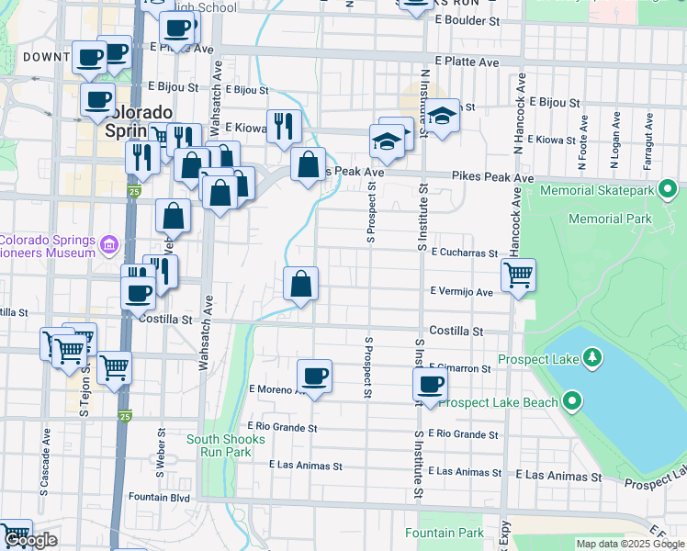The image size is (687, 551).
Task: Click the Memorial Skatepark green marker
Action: tap(668, 190)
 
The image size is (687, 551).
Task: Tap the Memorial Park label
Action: tap(610, 219)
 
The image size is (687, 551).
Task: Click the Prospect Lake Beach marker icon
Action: tap(573, 401)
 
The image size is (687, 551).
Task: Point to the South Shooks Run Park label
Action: tap(226, 445)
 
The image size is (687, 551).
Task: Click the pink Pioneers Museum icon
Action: tap(109, 245)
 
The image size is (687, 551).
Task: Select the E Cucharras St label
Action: tap(463, 252)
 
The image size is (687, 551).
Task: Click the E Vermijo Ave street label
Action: tap(462, 291)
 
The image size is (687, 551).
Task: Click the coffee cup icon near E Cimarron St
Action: tap(429, 385)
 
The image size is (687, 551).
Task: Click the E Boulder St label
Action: tap(467, 19)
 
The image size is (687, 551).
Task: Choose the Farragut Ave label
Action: tap(648, 135)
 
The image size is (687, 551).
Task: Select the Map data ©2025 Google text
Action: tap(631, 544)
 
